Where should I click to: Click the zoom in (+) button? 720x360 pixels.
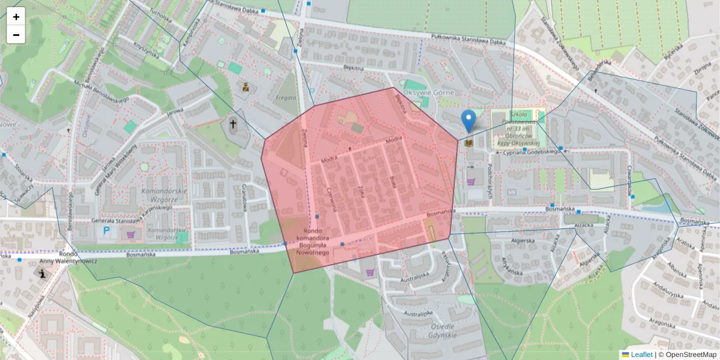(16, 17)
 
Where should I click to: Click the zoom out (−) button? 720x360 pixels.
(16, 35)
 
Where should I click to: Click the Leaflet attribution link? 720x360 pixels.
(641, 355)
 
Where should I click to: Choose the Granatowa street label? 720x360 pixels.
(244, 197)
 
